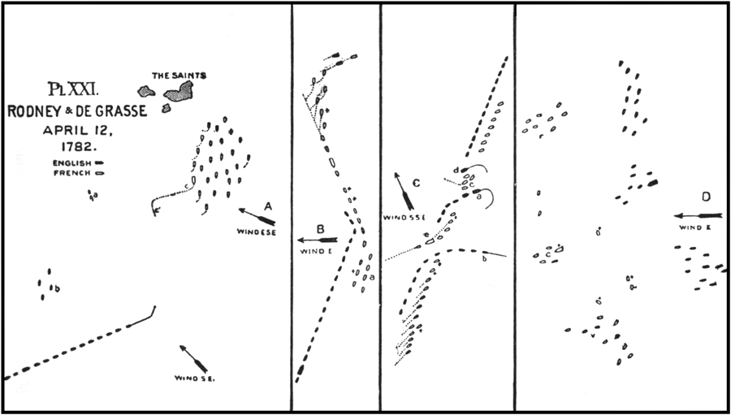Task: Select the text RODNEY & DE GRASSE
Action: pyautogui.click(x=77, y=112)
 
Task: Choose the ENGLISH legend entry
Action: pyautogui.click(x=71, y=163)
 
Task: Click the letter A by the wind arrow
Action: pyautogui.click(x=268, y=205)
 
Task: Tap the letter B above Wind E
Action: pyautogui.click(x=321, y=230)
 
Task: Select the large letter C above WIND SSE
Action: pyautogui.click(x=416, y=183)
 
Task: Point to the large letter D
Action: pyautogui.click(x=707, y=197)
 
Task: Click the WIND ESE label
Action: pyautogui.click(x=257, y=232)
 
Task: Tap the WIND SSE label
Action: pyautogui.click(x=405, y=218)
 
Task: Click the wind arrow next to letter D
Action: pyautogui.click(x=698, y=216)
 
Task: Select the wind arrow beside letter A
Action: pyautogui.click(x=257, y=217)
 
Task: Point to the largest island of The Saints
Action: pyautogui.click(x=179, y=91)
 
